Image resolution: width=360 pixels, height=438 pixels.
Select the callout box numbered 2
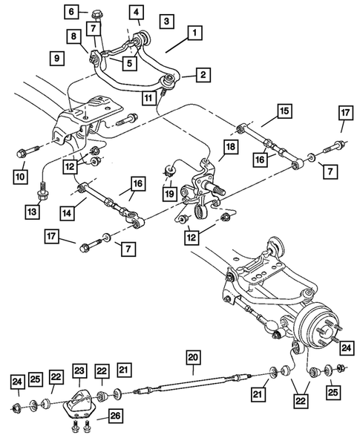202,74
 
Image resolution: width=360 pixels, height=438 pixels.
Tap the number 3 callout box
167,21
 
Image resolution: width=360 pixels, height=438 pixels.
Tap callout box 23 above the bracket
79,370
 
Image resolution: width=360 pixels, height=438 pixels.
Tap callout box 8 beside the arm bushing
73,36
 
